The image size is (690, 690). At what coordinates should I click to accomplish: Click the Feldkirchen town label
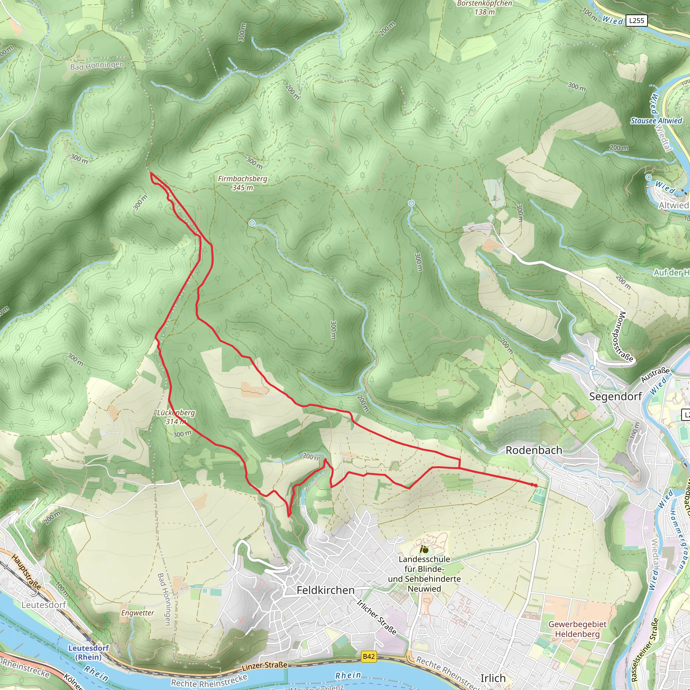point(325,590)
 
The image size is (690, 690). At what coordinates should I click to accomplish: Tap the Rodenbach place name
point(534,450)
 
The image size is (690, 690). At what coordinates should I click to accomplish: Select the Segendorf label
point(615,397)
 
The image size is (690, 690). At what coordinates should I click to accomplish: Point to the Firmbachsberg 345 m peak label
point(243,183)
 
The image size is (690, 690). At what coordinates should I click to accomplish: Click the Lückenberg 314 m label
point(176,417)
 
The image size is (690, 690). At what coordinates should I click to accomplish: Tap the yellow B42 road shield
point(369,656)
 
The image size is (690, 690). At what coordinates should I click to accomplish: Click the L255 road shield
point(636,20)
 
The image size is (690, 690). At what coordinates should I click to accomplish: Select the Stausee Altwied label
point(656,121)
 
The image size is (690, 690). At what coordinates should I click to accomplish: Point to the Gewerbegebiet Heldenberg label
point(577,629)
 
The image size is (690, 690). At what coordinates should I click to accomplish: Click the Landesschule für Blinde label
point(424,574)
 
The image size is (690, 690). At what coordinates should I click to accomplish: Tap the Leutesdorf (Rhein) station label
point(88,652)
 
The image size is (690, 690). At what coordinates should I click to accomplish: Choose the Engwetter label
point(137,613)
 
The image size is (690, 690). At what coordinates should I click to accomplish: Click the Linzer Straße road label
point(264,665)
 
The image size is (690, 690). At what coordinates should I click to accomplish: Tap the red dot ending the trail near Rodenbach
point(535,485)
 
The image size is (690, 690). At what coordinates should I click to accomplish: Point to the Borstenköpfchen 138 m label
point(484,7)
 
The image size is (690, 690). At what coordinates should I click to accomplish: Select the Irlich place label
point(493,678)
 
